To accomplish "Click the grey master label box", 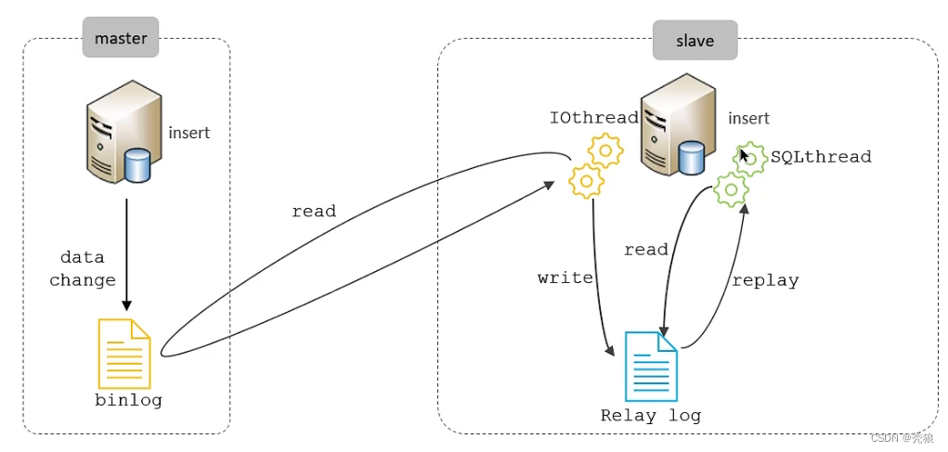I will tap(121, 39).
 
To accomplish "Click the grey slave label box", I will tap(695, 41).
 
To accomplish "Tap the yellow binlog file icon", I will tap(124, 354).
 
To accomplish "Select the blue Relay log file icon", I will tap(651, 366).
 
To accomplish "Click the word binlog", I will tap(128, 401).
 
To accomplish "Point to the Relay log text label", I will tap(650, 415).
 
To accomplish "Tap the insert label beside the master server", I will tap(189, 133).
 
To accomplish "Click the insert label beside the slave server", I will tap(748, 119).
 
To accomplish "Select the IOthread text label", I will tap(593, 118).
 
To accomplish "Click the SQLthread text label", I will tap(821, 157).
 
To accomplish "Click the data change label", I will tap(83, 268).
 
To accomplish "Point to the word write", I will tap(565, 278).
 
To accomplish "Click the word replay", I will tap(765, 280).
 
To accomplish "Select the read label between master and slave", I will tap(314, 212).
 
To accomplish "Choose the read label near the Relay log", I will tap(646, 250).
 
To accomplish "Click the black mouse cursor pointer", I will tap(744, 154).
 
